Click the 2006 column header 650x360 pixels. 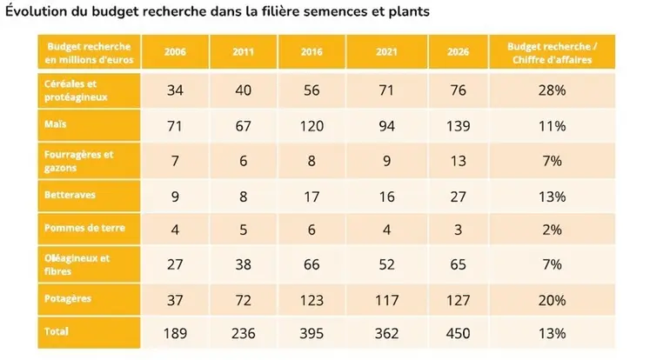coord(175,52)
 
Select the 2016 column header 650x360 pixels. coord(311,52)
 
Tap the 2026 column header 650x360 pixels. coord(447,52)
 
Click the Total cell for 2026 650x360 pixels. coord(447,333)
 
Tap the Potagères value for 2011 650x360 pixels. coord(243,300)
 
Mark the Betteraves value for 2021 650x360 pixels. coord(379,197)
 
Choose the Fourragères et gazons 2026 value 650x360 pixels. coord(447,162)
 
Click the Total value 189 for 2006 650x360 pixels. coord(175,333)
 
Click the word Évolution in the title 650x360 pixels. coord(37,13)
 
